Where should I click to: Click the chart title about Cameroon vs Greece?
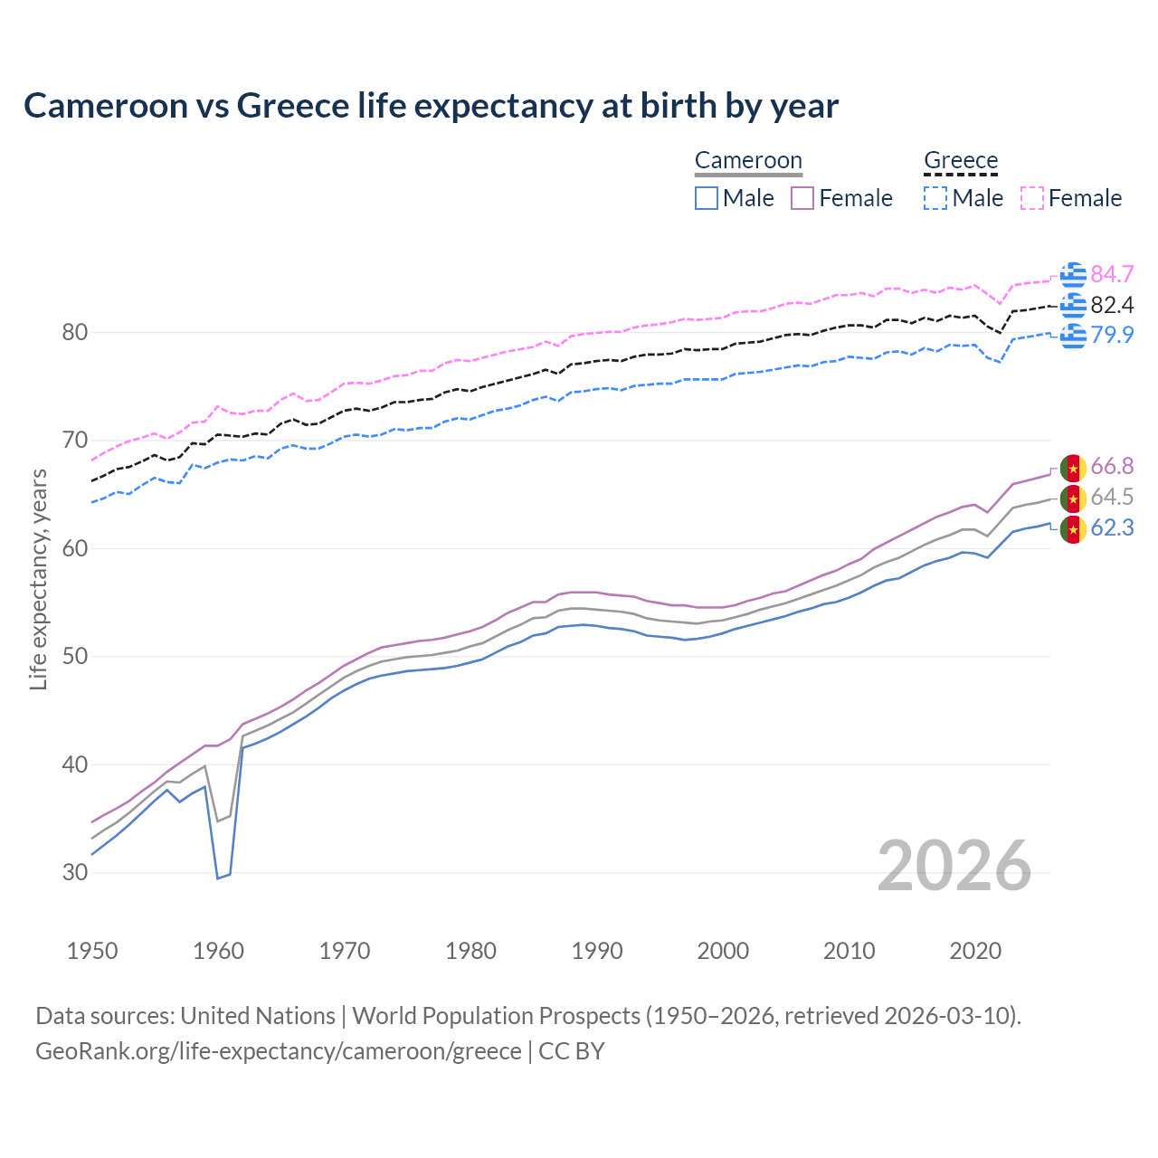click(431, 106)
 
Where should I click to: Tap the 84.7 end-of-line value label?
click(1112, 274)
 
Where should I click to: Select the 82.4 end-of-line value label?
click(1112, 305)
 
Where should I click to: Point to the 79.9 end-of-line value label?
click(1112, 335)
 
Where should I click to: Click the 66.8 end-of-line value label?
click(1112, 466)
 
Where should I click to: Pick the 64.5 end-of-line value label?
click(1112, 497)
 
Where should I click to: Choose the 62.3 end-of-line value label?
click(1112, 527)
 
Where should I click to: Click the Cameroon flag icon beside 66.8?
click(1073, 468)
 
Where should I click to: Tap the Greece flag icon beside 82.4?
click(1073, 306)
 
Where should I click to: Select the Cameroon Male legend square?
click(707, 198)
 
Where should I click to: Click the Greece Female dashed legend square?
click(1032, 198)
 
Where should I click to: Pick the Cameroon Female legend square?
click(802, 198)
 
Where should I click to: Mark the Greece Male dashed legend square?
click(935, 198)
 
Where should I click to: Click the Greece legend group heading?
click(961, 161)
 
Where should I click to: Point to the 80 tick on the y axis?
click(74, 332)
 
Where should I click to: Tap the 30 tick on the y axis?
click(74, 872)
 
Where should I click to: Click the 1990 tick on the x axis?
click(597, 951)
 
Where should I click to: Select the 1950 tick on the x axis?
click(92, 951)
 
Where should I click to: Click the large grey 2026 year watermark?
click(954, 866)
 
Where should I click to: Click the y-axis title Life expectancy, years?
click(38, 579)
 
